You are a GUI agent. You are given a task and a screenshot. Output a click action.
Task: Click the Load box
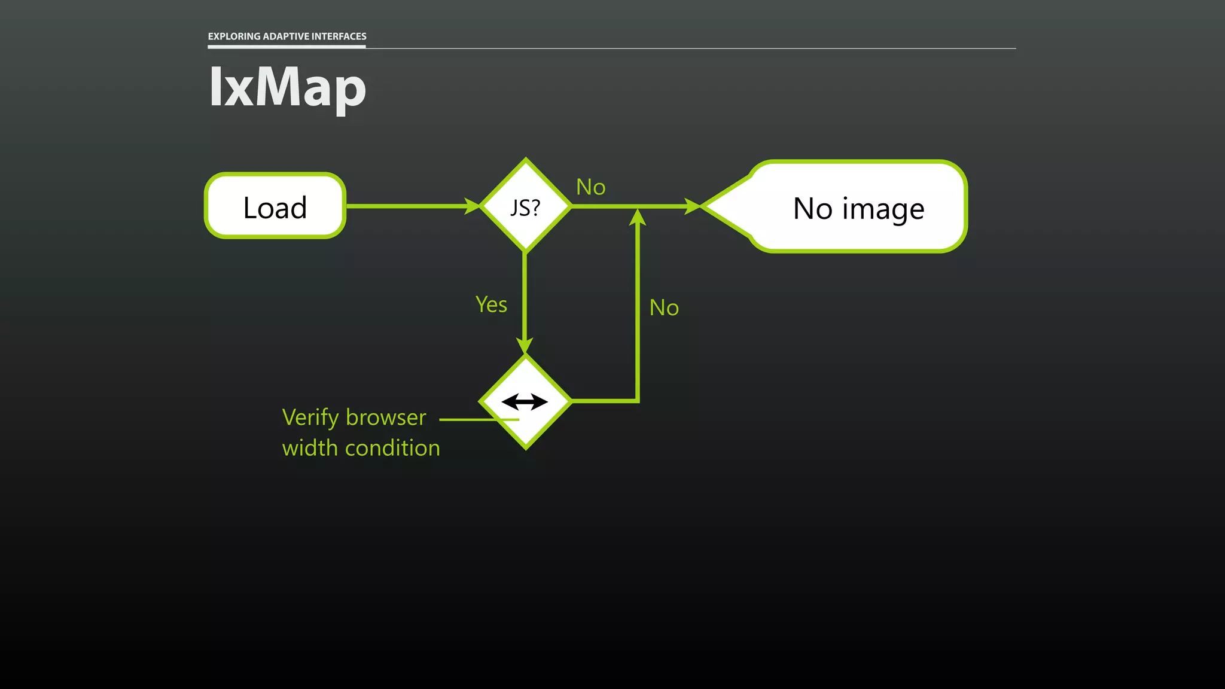coord(275,206)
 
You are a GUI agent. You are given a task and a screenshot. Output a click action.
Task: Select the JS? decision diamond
coord(525,206)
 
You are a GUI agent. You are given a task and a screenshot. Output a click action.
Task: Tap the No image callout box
coord(858,207)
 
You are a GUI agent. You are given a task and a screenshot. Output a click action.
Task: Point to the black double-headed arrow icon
coord(525,402)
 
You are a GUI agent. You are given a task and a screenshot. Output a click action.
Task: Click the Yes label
coord(491,304)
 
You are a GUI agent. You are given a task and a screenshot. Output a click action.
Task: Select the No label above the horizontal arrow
coord(590,187)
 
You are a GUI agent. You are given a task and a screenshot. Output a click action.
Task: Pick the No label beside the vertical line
coord(664,307)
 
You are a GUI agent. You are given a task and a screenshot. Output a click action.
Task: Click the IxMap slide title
coord(287,87)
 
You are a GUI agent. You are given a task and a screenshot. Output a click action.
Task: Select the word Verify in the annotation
coord(310,417)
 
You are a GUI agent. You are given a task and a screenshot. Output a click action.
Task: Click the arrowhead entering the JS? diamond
coord(472,206)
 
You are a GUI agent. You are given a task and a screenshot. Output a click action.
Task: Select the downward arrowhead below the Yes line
coord(525,346)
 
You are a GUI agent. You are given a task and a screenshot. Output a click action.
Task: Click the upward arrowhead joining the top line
coord(638,217)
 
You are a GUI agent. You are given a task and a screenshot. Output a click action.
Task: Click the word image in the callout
coord(883,209)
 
